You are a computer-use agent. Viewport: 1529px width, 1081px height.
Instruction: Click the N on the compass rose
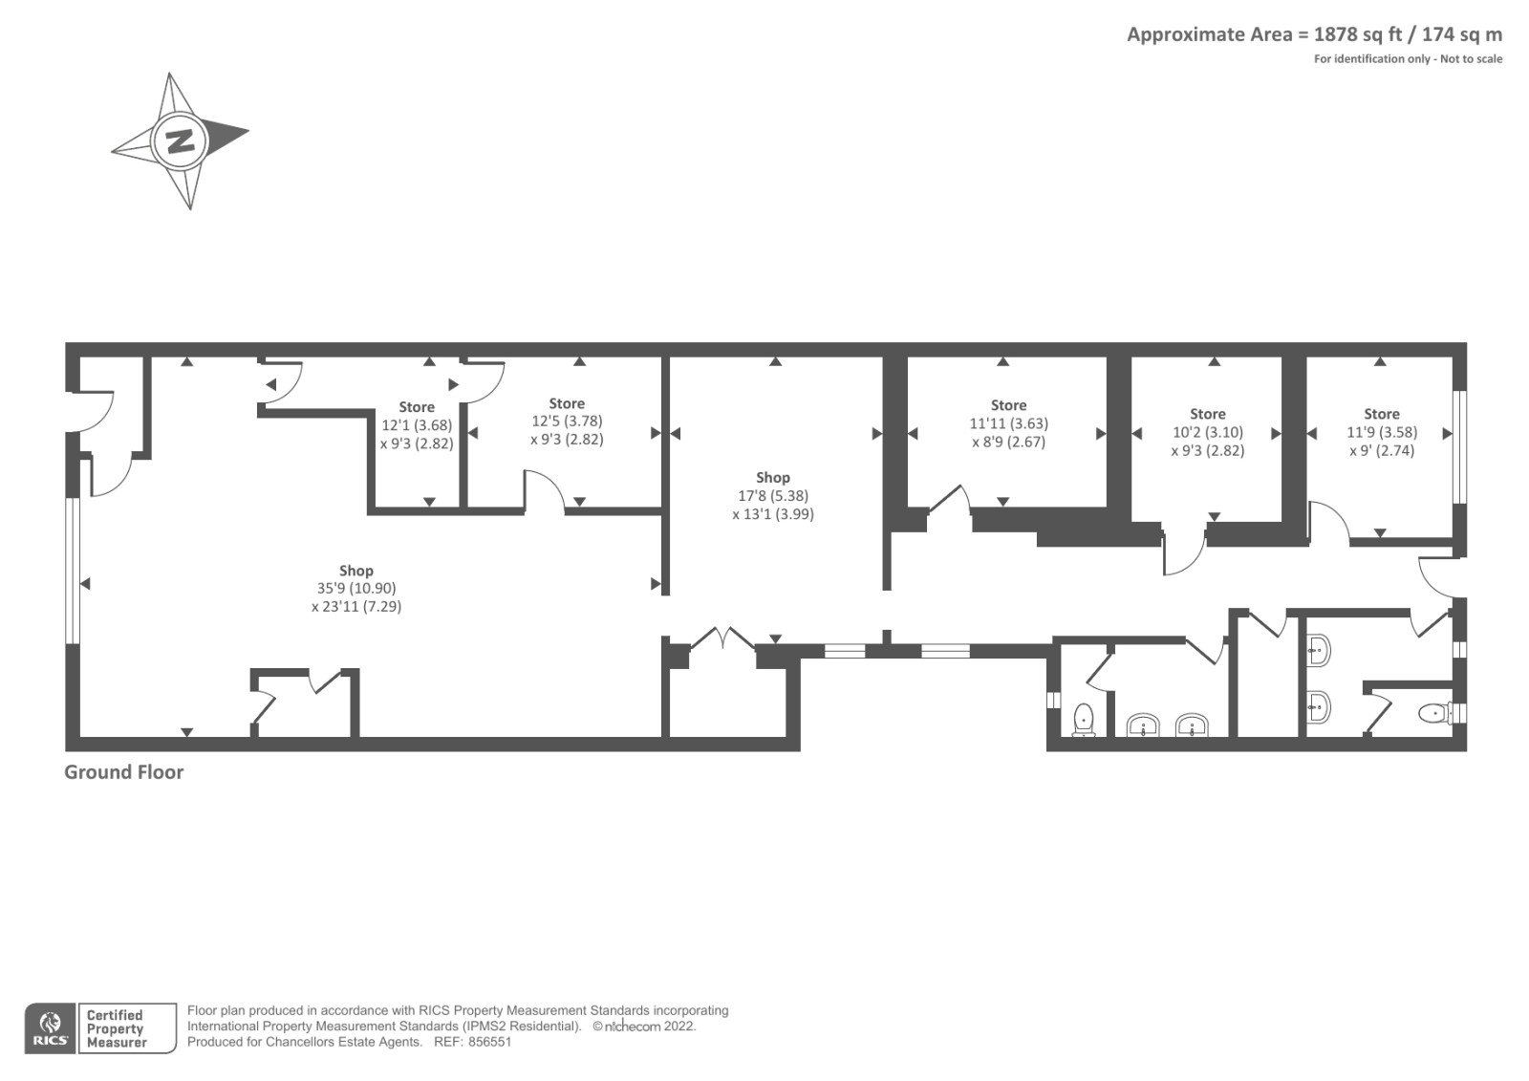(180, 141)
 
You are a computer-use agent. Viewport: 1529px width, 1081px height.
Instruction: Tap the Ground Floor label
(123, 772)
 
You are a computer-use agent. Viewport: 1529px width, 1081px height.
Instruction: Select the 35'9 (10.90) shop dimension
(356, 589)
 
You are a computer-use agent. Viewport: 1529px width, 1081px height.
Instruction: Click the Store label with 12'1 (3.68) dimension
(417, 407)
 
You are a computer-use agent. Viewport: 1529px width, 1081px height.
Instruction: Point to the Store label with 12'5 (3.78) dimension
(567, 403)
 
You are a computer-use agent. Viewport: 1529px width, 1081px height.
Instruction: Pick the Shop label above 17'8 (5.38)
(772, 477)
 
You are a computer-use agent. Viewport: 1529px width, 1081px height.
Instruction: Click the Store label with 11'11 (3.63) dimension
(1008, 405)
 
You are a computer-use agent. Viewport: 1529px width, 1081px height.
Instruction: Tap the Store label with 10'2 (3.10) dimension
(1207, 414)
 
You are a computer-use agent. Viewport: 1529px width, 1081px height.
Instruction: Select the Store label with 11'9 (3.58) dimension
(1381, 414)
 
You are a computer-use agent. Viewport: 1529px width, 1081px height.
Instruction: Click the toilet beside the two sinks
(1084, 720)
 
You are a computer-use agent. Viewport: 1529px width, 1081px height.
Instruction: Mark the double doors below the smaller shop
(724, 638)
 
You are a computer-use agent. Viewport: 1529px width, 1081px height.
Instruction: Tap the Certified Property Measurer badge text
(116, 1028)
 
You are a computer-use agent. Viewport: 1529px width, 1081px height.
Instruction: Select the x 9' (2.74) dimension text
(1381, 450)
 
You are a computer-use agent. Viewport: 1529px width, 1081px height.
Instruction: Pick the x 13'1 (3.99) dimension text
(772, 514)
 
